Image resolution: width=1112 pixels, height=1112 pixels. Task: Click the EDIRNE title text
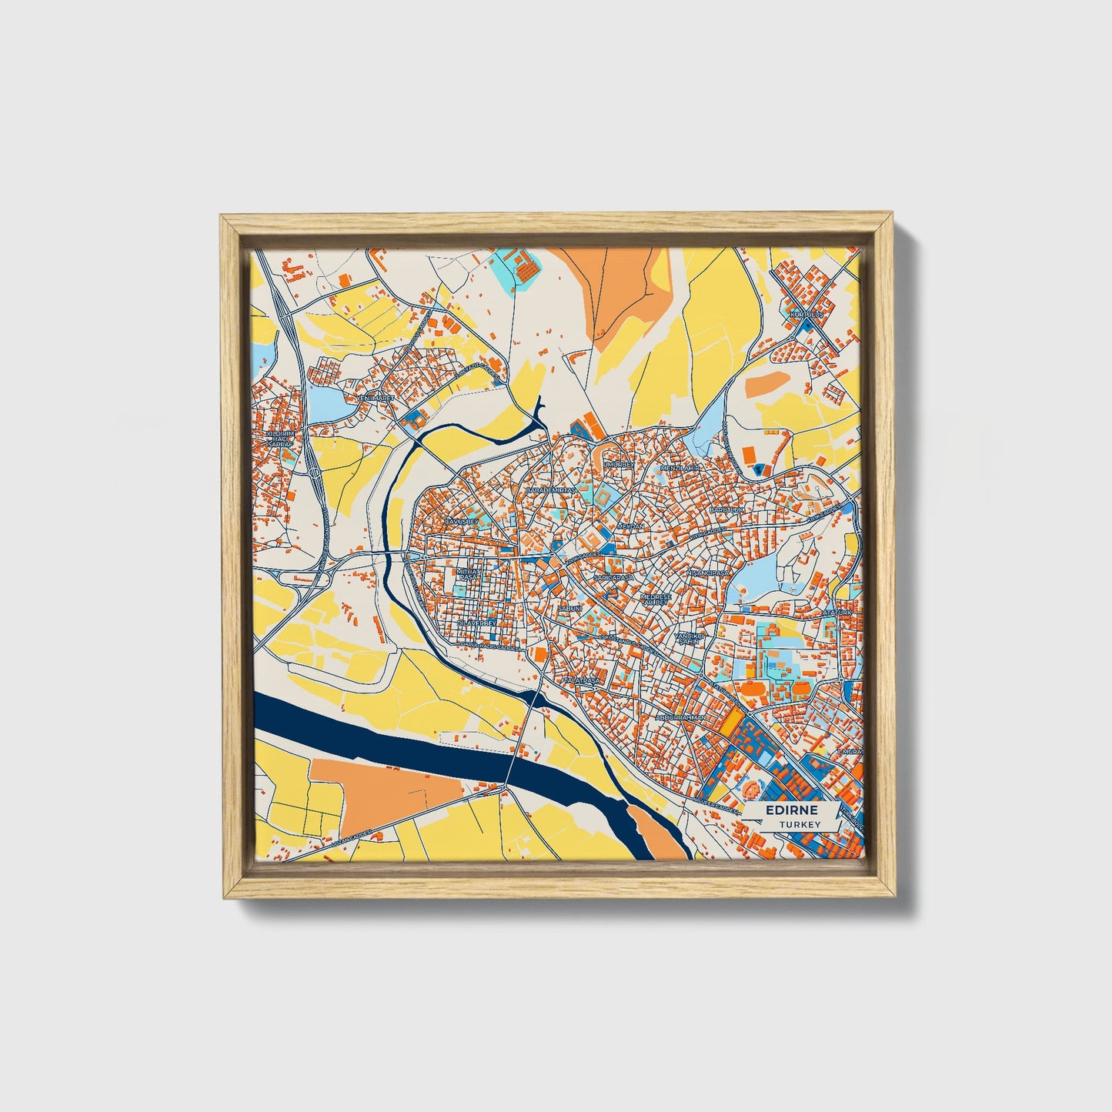[x=792, y=811]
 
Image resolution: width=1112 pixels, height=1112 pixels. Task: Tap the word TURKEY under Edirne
[x=799, y=824]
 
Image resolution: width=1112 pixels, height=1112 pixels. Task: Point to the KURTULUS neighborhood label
[x=806, y=314]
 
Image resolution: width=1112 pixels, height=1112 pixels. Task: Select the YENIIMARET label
[x=376, y=398]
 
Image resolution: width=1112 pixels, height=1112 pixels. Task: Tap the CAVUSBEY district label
[x=462, y=522]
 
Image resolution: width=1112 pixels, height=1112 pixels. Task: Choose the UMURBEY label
[x=619, y=465]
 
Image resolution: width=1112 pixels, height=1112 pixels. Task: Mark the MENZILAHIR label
[x=680, y=467]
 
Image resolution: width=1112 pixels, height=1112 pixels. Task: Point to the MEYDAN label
[x=631, y=526]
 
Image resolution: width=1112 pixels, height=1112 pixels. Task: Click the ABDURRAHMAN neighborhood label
[x=680, y=716]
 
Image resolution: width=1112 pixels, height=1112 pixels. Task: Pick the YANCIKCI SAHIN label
[x=689, y=639]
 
